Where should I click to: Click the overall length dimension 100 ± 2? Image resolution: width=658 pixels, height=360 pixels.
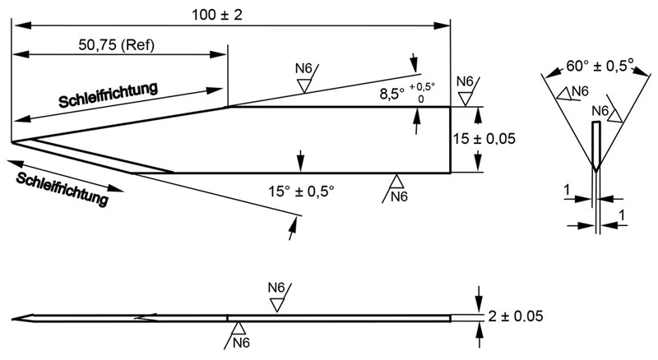217,15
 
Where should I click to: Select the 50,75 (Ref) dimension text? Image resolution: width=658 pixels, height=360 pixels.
116,44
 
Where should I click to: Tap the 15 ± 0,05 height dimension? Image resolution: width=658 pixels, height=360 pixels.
484,138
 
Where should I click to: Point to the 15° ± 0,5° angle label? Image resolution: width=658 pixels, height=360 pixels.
301,192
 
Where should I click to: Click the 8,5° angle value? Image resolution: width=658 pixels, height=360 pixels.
392,94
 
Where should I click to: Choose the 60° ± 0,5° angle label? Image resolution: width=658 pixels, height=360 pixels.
600,66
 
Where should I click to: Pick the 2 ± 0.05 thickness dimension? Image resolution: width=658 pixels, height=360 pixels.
516,316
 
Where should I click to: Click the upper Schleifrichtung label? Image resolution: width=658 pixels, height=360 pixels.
109,95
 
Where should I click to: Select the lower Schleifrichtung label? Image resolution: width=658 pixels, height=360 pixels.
63,189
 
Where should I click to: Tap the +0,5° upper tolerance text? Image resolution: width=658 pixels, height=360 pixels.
422,86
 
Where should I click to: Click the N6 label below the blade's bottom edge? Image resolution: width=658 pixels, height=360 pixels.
399,196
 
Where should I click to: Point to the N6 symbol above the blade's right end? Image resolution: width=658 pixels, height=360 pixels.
465,81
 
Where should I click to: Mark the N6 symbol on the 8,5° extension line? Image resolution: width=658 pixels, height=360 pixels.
304,68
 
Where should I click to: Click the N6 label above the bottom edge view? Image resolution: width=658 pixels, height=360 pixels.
276,288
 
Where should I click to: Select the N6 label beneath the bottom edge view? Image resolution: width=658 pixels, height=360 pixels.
241,343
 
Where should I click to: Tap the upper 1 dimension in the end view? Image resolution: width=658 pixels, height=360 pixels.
567,190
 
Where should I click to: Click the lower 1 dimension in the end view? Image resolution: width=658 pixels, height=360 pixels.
622,215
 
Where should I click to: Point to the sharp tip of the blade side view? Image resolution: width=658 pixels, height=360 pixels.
12,142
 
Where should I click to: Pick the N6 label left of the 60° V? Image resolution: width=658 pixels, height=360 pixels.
581,91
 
